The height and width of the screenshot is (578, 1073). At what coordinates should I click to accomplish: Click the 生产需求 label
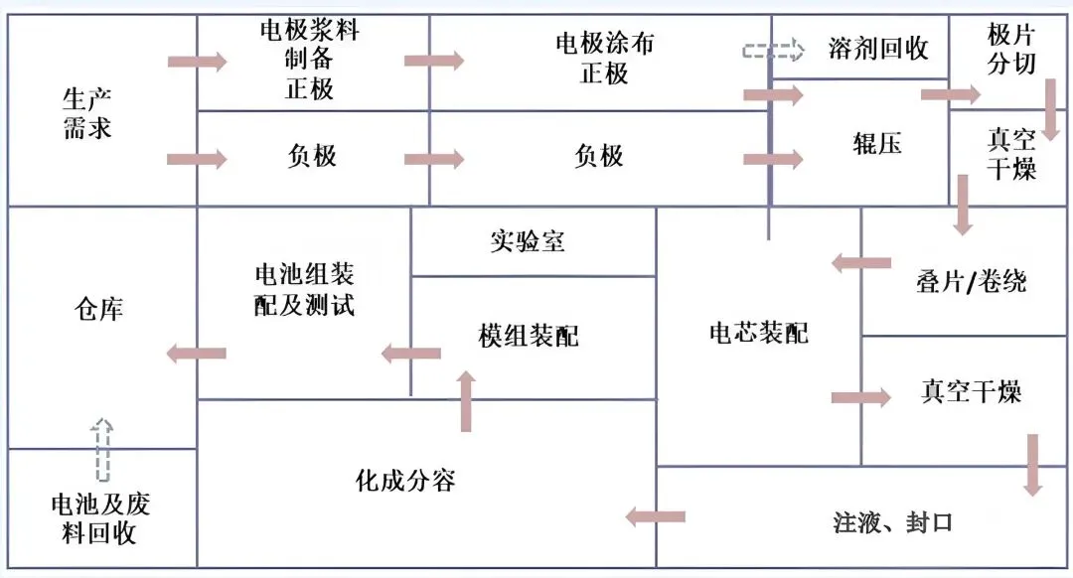click(87, 113)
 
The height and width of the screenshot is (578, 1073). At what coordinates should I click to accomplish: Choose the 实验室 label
click(527, 240)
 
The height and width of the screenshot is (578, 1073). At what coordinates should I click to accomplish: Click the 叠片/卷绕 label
click(971, 282)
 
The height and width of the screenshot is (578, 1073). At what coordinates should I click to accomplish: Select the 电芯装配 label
click(758, 333)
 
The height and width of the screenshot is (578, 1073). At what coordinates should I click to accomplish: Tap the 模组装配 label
click(528, 336)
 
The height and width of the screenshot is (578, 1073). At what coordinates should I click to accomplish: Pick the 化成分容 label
click(405, 481)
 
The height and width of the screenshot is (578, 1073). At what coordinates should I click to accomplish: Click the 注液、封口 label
click(893, 521)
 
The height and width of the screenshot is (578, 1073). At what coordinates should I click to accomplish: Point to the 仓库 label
click(98, 309)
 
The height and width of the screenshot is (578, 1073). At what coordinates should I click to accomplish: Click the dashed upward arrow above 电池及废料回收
click(102, 449)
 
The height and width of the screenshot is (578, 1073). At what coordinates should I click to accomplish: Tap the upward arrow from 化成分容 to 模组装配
click(466, 400)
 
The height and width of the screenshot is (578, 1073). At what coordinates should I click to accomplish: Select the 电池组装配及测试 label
click(304, 289)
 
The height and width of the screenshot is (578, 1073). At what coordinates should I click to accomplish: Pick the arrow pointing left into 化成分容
click(655, 516)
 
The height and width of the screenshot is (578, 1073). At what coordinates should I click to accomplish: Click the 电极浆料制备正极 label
click(310, 60)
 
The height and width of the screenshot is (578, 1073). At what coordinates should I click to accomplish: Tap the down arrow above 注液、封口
click(1033, 464)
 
